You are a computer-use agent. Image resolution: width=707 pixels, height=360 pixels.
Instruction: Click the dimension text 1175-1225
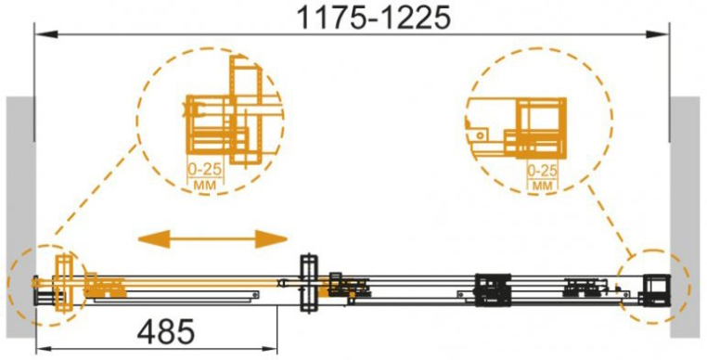[374, 18]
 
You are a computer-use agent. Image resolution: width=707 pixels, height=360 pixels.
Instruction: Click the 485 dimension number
[166, 332]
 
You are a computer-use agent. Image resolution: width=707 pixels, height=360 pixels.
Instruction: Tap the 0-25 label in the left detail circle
[205, 170]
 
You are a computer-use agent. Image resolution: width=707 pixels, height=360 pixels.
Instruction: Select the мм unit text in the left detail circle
[205, 185]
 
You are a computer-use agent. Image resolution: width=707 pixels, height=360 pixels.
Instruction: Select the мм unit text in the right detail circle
[544, 185]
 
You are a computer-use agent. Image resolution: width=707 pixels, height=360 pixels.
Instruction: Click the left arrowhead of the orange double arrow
[153, 238]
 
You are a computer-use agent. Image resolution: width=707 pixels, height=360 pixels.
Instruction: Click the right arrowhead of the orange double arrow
[271, 238]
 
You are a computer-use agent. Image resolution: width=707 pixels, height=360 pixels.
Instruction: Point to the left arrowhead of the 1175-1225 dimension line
[47, 34]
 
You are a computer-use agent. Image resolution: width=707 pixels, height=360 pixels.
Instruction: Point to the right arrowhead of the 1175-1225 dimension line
[657, 34]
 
